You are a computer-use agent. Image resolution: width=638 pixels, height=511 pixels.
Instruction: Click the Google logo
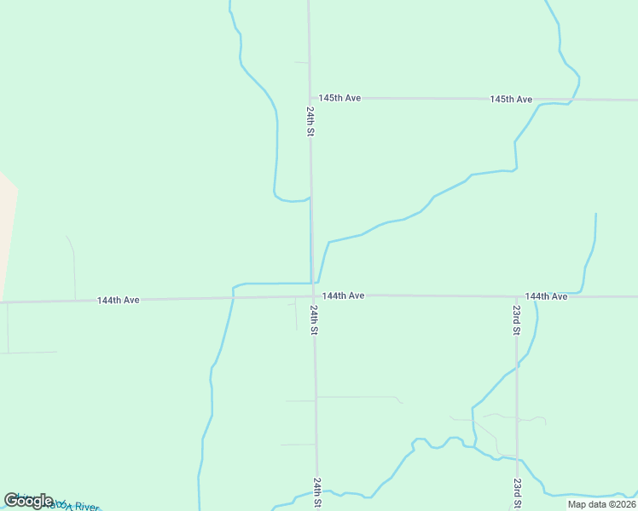coord(29,500)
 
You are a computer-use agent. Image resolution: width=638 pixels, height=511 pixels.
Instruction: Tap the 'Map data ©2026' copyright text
coord(602,504)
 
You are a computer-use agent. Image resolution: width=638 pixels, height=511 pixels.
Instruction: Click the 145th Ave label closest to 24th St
coord(339,98)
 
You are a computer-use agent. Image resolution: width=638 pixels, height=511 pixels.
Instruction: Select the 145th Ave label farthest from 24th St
coord(511,100)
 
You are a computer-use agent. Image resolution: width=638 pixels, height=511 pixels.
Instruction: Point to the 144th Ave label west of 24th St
coord(118,301)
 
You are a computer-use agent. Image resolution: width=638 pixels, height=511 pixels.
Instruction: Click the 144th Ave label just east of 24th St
coord(344,296)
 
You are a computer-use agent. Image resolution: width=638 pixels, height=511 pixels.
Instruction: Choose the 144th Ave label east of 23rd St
coord(546,296)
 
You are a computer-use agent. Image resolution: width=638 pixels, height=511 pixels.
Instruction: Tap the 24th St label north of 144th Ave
coord(311,121)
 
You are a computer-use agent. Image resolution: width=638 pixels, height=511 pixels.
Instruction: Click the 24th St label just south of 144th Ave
coord(314,320)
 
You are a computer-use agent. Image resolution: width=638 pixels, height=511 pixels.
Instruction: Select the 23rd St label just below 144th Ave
coord(516,319)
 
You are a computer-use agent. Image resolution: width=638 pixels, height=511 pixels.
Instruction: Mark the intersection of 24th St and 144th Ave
coord(312,296)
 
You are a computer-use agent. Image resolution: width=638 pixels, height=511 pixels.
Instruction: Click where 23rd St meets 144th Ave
coord(515,297)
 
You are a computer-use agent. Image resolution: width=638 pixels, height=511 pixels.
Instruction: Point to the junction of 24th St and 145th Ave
coord(310,97)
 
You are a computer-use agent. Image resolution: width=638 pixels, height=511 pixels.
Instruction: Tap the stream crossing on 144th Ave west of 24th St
coord(232,298)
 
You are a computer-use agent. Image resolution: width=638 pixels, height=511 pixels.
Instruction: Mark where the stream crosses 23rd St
coord(516,367)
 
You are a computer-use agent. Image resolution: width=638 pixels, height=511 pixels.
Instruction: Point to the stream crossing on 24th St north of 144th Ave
coord(310,198)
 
